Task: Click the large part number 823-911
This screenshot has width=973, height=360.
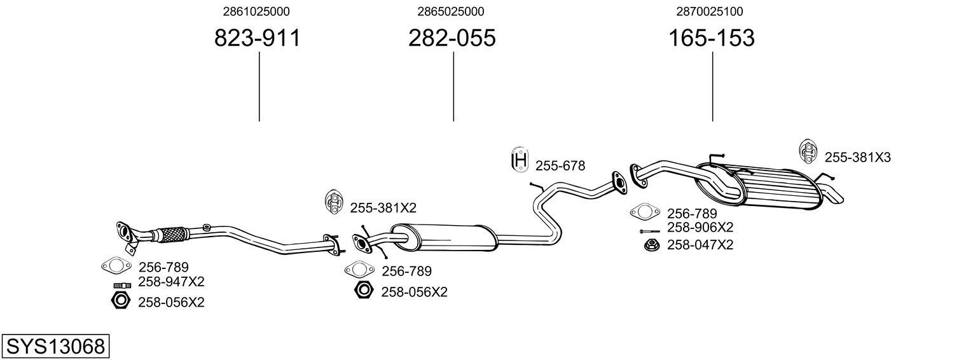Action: (x=257, y=38)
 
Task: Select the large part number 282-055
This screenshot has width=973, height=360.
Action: (x=452, y=38)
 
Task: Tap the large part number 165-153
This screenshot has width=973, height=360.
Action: (x=711, y=38)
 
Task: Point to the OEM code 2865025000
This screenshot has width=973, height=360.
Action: (x=451, y=11)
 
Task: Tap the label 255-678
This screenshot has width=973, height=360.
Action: (x=560, y=166)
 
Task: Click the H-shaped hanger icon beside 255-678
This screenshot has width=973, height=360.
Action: (x=520, y=161)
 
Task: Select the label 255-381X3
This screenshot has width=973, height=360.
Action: (x=857, y=158)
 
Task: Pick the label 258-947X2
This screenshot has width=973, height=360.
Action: (x=171, y=282)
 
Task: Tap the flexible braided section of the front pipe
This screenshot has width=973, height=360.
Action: (x=171, y=235)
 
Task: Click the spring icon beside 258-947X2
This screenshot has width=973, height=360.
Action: (x=122, y=284)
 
